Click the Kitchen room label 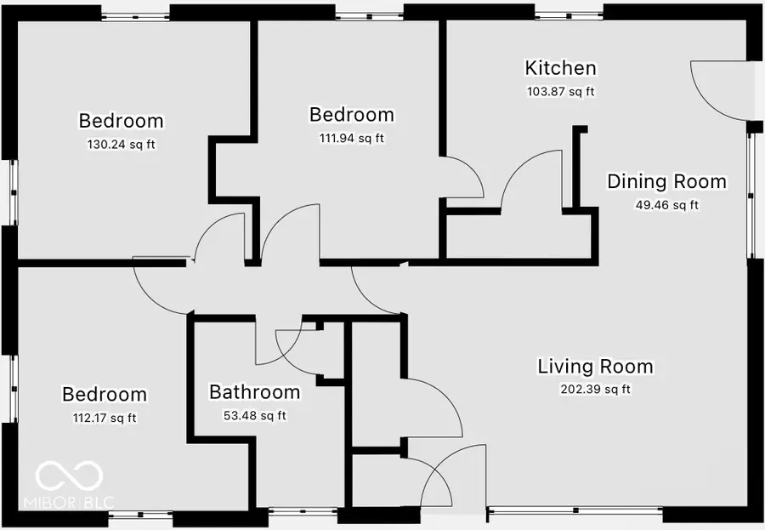pos(560,68)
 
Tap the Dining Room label pos(666,181)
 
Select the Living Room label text pos(595,367)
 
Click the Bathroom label pos(254,392)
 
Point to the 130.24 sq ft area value pos(122,145)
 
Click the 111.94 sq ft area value pos(351,138)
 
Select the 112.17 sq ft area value pos(105,418)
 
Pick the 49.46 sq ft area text pos(666,205)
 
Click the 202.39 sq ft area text pos(595,390)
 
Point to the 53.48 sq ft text pos(254,416)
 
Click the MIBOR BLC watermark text pos(75,502)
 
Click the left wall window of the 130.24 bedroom pos(12,193)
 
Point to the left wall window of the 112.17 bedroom pos(12,387)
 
